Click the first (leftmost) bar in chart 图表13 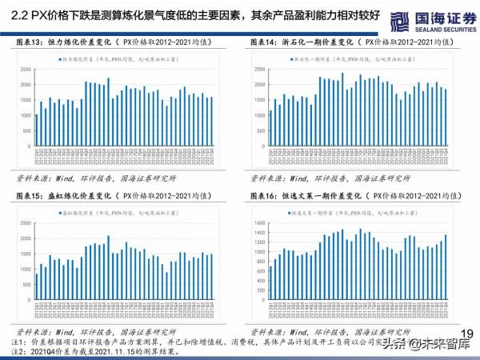pos(36,131)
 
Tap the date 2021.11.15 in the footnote pos(106,351)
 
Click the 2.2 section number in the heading pos(17,14)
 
